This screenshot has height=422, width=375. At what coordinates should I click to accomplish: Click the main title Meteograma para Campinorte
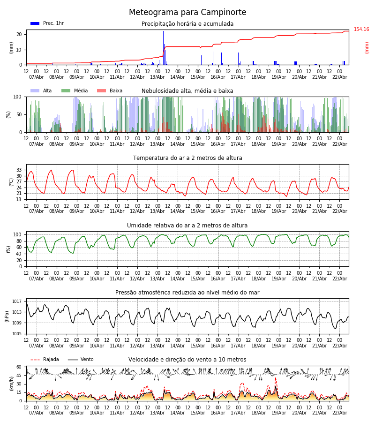(x=187, y=13)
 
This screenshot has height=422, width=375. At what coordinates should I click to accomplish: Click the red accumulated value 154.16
(x=361, y=30)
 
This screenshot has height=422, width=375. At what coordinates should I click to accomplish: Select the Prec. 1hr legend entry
(x=47, y=23)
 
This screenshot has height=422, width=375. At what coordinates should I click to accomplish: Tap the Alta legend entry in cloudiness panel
(x=41, y=91)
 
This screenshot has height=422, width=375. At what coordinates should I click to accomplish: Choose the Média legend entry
(x=75, y=91)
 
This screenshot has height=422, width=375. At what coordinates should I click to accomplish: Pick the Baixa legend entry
(x=110, y=91)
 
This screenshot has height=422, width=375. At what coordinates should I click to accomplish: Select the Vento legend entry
(x=81, y=360)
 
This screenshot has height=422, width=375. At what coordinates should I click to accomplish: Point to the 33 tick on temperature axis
(x=19, y=170)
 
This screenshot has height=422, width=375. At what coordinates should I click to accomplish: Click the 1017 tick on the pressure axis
(x=17, y=301)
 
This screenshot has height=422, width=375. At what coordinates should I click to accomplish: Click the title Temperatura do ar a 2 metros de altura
(x=187, y=158)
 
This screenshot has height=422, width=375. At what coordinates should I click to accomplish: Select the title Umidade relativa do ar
(x=187, y=226)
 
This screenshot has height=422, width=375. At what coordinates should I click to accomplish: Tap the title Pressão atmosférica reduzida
(x=187, y=293)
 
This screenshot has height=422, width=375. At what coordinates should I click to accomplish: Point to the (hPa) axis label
(x=7, y=316)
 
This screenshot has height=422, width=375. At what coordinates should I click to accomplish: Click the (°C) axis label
(x=11, y=182)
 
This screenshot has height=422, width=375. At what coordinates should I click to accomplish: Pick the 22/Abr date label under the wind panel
(x=339, y=413)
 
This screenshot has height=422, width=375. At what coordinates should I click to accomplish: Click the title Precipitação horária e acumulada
(x=187, y=24)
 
